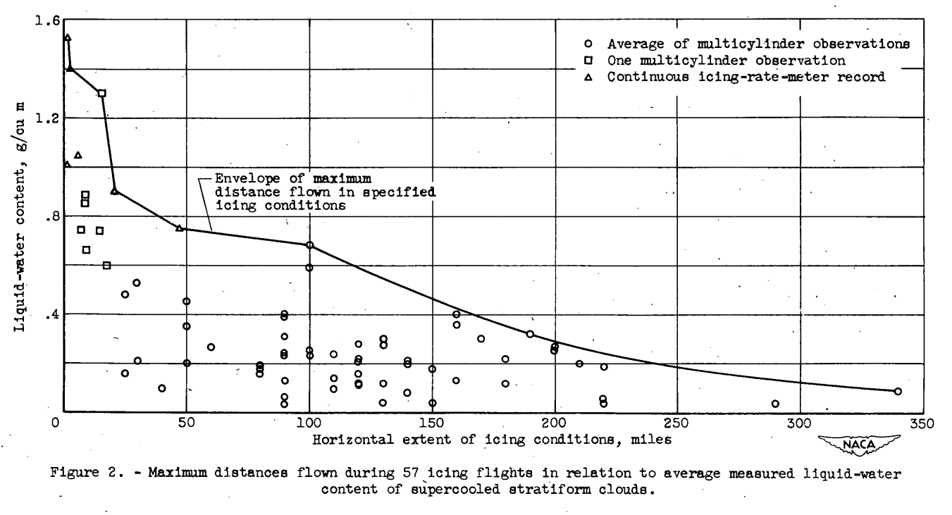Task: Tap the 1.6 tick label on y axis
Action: (x=42, y=20)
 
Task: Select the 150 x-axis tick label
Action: (x=431, y=424)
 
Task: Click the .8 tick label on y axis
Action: (x=45, y=216)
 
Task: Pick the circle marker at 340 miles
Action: (x=897, y=391)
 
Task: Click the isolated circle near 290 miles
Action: (x=775, y=404)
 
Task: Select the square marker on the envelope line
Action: (x=101, y=93)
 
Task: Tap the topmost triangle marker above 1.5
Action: (x=67, y=38)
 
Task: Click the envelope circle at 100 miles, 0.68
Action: (x=309, y=245)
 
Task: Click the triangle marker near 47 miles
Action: (x=179, y=228)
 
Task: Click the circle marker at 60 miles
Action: (x=211, y=347)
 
